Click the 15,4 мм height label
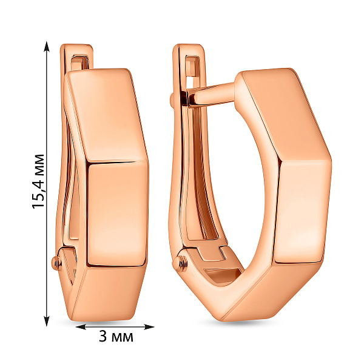38,181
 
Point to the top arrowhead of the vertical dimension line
47,47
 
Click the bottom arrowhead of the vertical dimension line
47,320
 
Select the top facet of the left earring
107,115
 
